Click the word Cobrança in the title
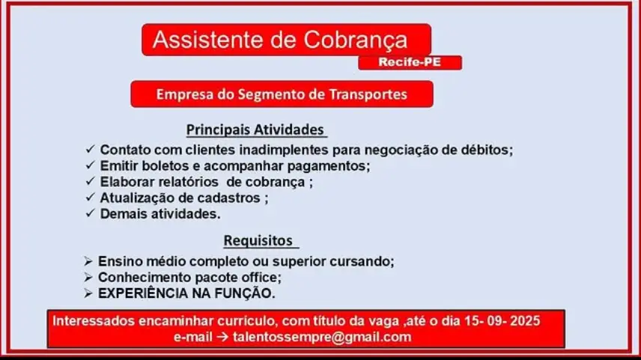coord(355,41)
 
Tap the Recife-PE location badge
coord(410,63)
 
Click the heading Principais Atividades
coord(255,129)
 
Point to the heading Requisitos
coord(258,240)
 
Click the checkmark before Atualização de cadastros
coord(90,198)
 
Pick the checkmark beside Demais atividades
coord(90,213)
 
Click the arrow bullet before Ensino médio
coord(88,261)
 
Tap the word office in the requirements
coord(261,277)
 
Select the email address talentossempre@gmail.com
coord(322,337)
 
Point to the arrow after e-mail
coord(222,337)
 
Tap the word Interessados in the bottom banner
coord(93,321)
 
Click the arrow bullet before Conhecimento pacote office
coord(88,277)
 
